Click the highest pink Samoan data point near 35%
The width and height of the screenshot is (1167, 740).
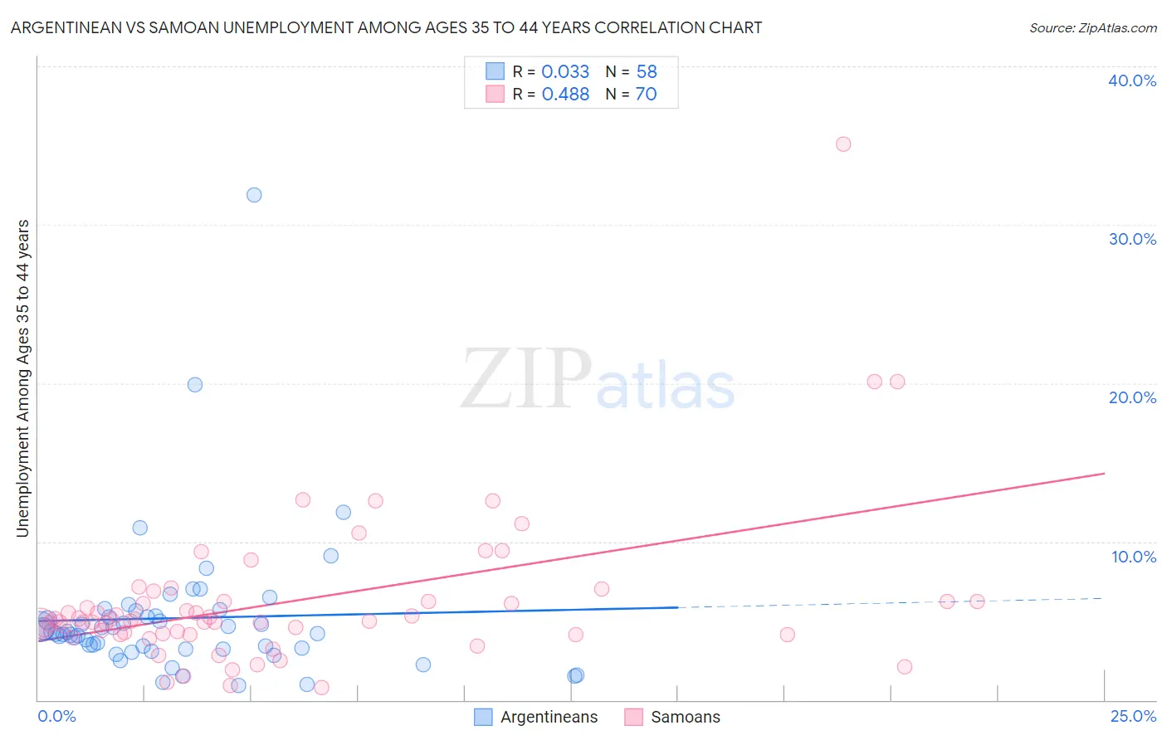coord(843,144)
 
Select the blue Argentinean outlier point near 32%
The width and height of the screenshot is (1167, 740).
coord(254,195)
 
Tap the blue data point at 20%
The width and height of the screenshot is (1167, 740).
coord(195,385)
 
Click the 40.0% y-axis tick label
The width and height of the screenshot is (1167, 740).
coord(1132,80)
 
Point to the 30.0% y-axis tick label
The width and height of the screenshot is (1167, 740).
coord(1132,239)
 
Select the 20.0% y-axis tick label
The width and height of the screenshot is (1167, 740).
coord(1132,397)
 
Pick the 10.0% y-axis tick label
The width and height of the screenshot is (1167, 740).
coord(1134,557)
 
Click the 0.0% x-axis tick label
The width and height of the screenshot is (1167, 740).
coord(56,716)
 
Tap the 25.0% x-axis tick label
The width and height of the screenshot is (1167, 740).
coord(1133,716)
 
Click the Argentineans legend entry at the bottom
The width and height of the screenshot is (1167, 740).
coord(549,717)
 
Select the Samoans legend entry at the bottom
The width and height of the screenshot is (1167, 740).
coord(686,717)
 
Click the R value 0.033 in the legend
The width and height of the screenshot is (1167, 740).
coord(565,72)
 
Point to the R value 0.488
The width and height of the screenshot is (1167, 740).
coord(565,95)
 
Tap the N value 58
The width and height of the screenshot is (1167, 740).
coord(647,72)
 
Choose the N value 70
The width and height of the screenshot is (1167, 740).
coord(646,95)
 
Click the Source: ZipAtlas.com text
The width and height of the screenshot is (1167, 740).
coord(1093,28)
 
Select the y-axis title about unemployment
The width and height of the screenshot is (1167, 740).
coord(23,378)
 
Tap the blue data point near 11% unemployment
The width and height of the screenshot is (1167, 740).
coord(140,528)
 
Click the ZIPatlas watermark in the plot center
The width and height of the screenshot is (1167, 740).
coord(598,380)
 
